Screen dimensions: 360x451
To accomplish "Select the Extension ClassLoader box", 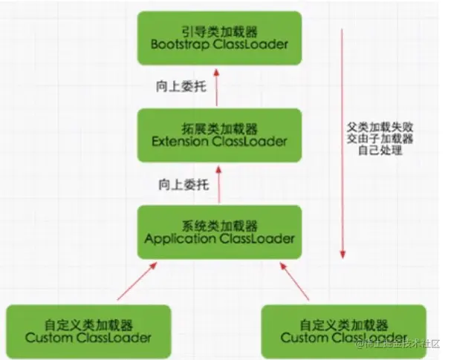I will point(220,134).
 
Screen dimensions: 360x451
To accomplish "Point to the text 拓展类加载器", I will point(220,127).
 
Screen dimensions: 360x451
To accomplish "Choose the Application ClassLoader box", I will point(220,232).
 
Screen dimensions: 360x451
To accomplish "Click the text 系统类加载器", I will point(220,224).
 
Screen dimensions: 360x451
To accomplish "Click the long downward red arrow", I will point(343,141).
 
